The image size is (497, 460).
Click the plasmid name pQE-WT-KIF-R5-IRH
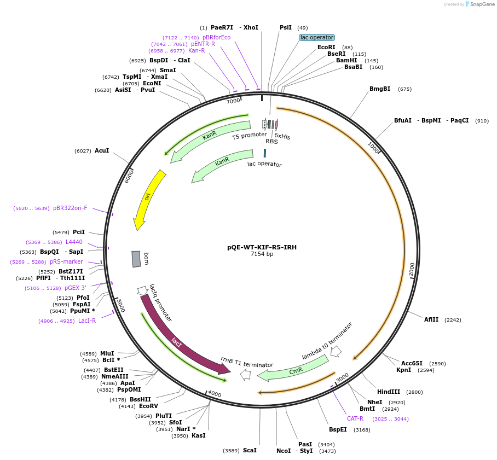(x=262, y=247)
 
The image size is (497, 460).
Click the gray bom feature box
(x=136, y=259)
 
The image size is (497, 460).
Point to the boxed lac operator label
(x=317, y=37)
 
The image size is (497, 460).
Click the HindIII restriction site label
(x=389, y=392)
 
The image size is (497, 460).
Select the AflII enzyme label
(x=431, y=319)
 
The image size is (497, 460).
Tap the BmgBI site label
(x=380, y=89)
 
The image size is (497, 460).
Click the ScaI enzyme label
(x=250, y=450)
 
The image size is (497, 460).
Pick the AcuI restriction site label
(x=102, y=150)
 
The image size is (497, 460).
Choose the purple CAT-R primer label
(x=355, y=418)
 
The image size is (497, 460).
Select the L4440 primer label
(x=74, y=242)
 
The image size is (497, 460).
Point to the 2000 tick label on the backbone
(x=412, y=269)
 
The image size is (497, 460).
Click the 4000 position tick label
(x=215, y=394)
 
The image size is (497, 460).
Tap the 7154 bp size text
(x=262, y=254)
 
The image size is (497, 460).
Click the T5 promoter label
(x=249, y=135)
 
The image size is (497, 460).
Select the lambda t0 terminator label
(x=327, y=340)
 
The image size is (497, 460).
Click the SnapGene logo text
(x=481, y=4)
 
